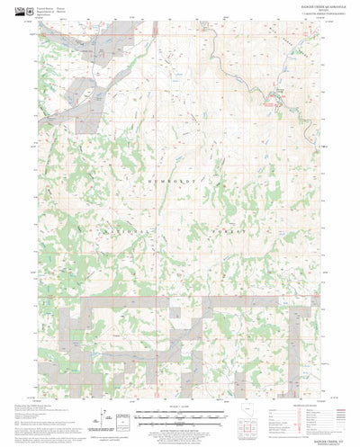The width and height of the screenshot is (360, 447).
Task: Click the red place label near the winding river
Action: (x=267, y=104)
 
